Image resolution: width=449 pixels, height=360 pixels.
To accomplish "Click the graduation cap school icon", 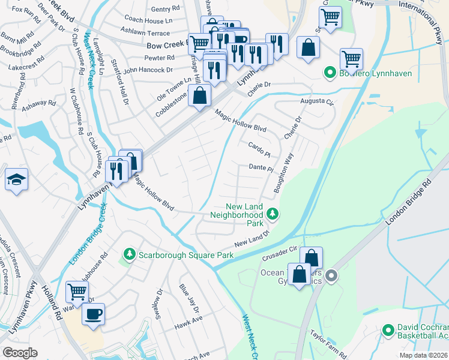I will (16, 179).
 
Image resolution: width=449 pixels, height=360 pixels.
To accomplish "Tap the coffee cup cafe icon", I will (93, 314).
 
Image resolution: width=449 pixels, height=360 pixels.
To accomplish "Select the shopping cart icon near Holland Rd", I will (77, 292).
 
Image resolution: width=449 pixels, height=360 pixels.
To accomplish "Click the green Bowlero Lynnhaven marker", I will (329, 73).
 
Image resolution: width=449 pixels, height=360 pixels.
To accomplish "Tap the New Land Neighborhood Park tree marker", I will (273, 214).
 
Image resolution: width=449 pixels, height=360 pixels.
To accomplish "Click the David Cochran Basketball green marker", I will (388, 331).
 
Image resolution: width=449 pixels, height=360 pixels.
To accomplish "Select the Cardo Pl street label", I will (259, 147).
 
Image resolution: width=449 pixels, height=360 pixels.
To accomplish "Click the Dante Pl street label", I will (261, 169).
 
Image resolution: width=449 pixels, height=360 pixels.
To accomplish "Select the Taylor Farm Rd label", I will (329, 341).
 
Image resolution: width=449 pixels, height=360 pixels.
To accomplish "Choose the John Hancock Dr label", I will (149, 70).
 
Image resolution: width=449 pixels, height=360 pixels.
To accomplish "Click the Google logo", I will (20, 353).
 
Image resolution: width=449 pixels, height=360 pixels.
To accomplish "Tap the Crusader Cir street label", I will (280, 253).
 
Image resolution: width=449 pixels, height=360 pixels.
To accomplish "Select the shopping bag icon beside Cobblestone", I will (200, 95).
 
